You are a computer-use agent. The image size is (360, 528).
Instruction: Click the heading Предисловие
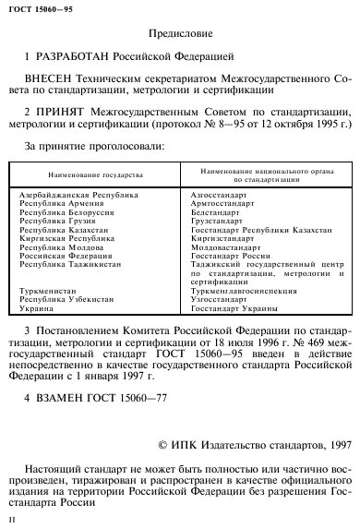point(181,34)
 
